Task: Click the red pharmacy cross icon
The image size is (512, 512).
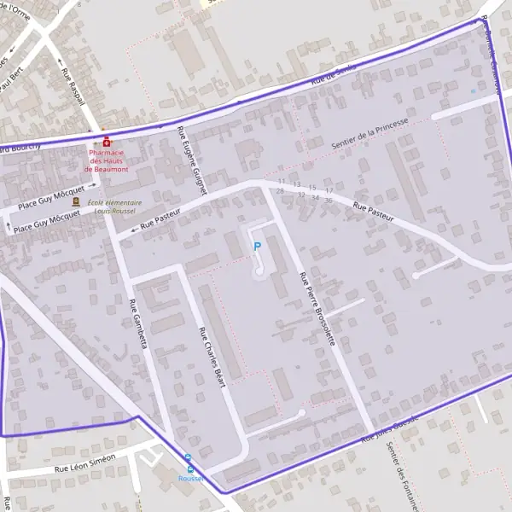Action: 107,142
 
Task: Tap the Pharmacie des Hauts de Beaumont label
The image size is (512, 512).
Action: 108,160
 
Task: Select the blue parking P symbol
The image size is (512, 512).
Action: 257,247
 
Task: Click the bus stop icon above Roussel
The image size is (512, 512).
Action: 189,467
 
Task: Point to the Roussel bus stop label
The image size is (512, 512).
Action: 191,479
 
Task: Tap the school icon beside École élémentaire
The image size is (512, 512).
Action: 76,201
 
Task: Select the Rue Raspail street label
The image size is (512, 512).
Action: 73,87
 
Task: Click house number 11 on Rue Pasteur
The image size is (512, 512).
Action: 282,182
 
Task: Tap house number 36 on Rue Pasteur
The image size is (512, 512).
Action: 329,200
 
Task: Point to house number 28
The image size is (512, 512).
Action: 280,190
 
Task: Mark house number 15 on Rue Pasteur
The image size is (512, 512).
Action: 312,187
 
